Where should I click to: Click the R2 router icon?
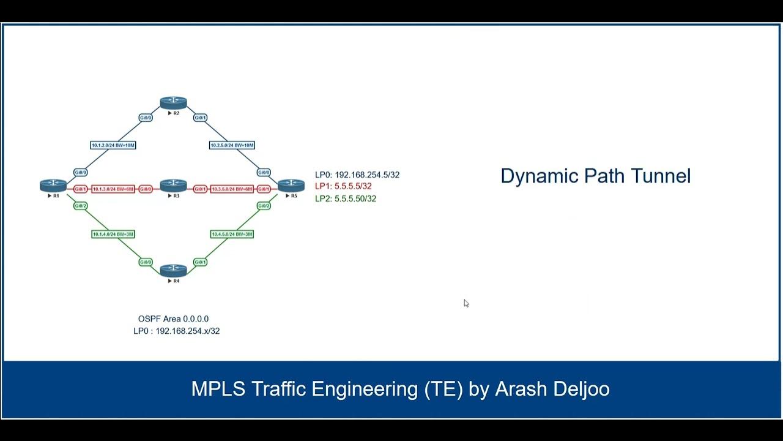173,103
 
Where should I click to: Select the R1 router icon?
53,185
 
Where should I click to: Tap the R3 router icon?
173,185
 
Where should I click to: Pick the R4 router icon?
173,270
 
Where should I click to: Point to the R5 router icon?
291,185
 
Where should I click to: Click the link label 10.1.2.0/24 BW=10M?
113,145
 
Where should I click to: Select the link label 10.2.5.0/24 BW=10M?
232,145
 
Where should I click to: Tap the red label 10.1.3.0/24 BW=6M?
113,189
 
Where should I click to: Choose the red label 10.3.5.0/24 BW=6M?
231,189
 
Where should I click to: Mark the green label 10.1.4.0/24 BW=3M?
113,234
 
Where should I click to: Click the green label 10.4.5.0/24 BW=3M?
232,234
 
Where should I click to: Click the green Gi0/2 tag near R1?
80,206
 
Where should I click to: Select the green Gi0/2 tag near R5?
264,206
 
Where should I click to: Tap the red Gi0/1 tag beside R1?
80,189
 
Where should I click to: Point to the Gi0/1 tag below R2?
200,118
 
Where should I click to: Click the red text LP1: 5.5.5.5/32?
343,186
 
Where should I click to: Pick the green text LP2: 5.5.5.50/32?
346,198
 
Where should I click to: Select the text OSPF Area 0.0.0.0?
173,318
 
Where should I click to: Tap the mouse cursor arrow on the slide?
466,303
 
